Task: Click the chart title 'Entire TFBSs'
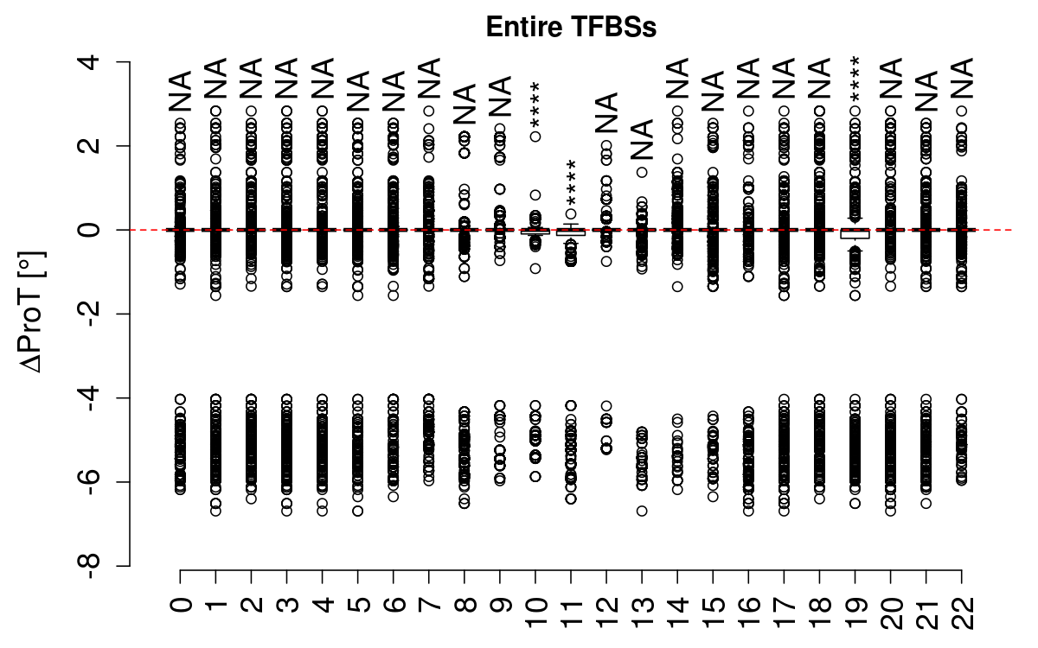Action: coord(571,28)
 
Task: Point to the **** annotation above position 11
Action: coord(572,180)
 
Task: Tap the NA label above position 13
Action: coord(642,140)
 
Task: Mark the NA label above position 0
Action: coord(180,90)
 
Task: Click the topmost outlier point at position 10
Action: coord(536,137)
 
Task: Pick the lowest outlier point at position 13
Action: coord(642,511)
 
